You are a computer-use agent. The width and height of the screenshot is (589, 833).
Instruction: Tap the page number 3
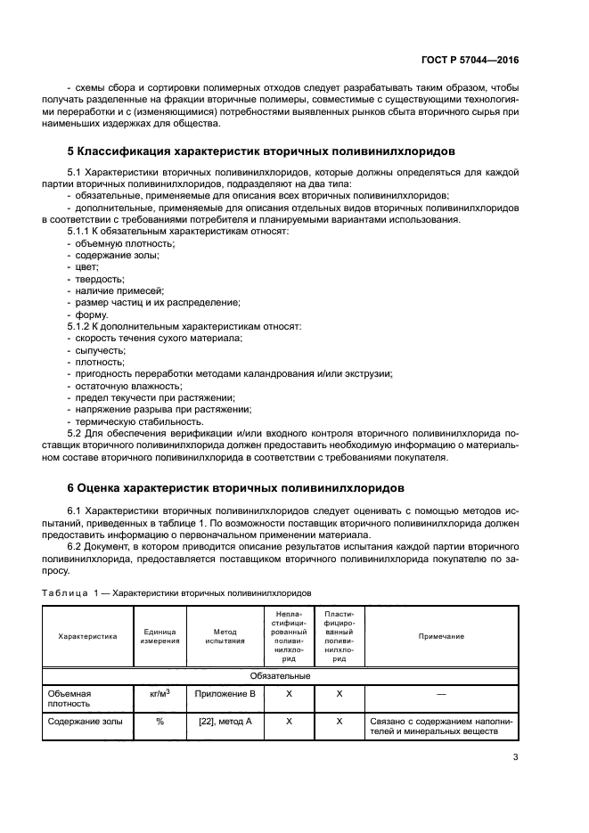tap(515, 758)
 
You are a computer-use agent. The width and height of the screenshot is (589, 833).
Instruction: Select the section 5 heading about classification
tap(261, 151)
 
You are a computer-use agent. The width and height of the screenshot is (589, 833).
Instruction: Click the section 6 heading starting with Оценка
tap(236, 488)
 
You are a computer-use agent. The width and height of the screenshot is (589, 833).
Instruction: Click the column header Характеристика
tap(87, 636)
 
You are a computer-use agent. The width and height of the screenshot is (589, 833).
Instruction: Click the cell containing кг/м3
tap(160, 692)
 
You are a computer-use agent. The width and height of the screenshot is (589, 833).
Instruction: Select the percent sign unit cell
tap(160, 721)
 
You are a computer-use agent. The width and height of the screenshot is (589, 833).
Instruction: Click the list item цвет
tap(86, 266)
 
